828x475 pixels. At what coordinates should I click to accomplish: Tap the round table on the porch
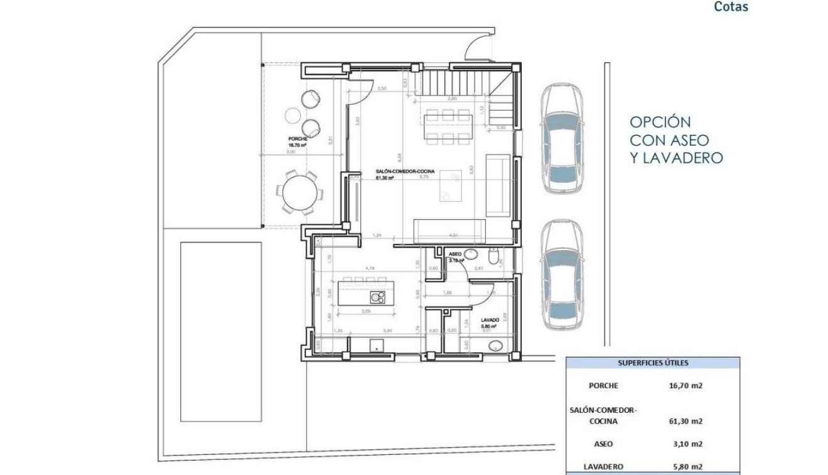coord(299,194)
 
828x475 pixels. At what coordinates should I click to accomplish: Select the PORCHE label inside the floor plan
coord(297,138)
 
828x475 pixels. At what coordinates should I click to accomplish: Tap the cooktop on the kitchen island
coord(377,298)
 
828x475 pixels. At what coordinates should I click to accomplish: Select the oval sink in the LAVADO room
coord(496,345)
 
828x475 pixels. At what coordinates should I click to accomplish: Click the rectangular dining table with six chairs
coord(447,126)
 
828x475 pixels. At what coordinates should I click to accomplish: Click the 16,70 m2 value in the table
coord(686,386)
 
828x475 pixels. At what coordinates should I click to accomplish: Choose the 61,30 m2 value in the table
coord(686,421)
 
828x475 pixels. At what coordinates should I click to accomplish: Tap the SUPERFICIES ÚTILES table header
coord(653,363)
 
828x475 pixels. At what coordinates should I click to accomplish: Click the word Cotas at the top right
coord(731,8)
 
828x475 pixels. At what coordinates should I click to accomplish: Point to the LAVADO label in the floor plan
coord(490,320)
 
